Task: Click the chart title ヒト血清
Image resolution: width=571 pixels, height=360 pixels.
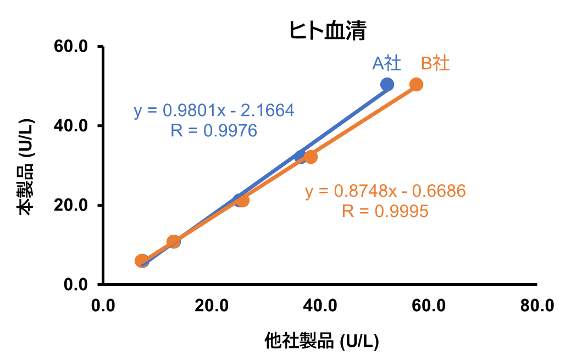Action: pyautogui.click(x=328, y=31)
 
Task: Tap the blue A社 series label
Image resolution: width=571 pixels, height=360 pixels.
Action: pyautogui.click(x=386, y=64)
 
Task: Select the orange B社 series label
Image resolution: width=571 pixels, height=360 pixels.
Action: pyautogui.click(x=435, y=64)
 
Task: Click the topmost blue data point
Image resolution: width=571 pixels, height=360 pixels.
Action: pyautogui.click(x=387, y=84)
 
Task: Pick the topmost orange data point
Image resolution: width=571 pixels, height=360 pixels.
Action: pyautogui.click(x=417, y=84)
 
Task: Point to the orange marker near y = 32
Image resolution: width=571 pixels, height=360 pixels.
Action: pyautogui.click(x=311, y=157)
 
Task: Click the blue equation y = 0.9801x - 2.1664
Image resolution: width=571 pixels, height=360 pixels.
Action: pyautogui.click(x=214, y=111)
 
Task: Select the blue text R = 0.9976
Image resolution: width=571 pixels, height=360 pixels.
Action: pyautogui.click(x=214, y=130)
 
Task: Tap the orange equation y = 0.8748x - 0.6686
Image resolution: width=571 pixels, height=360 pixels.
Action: pyautogui.click(x=385, y=191)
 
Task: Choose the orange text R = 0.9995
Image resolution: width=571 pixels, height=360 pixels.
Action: pyautogui.click(x=385, y=211)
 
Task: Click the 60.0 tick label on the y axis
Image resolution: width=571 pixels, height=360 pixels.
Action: pyautogui.click(x=71, y=47)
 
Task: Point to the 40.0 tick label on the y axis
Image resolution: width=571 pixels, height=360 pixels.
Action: pyautogui.click(x=71, y=126)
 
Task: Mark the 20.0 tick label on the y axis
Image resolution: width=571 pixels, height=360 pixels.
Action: pyautogui.click(x=71, y=205)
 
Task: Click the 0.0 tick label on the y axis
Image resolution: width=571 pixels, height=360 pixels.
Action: pyautogui.click(x=76, y=284)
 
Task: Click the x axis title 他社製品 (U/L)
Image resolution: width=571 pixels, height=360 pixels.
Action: pyautogui.click(x=321, y=341)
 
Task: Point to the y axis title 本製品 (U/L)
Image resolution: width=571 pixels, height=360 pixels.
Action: pyautogui.click(x=26, y=165)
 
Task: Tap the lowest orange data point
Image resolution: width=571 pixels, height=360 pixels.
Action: pyautogui.click(x=141, y=261)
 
